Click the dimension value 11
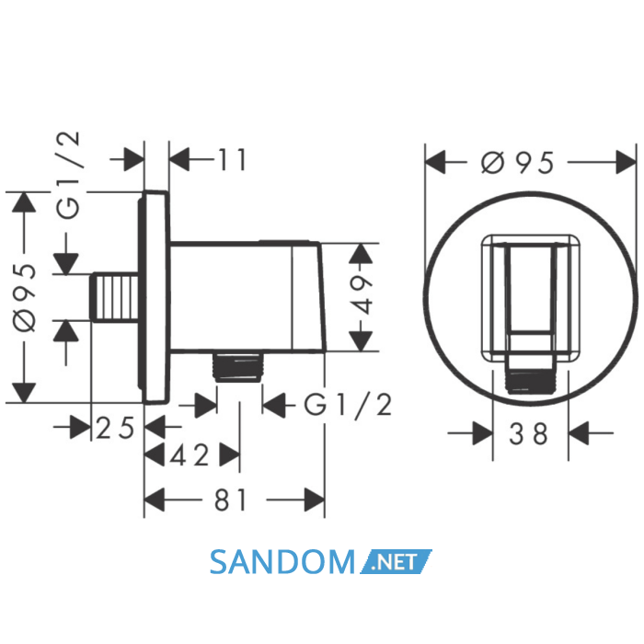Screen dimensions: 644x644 tap(232, 159)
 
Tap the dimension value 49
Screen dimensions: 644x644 tap(361, 294)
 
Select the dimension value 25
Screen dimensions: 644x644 tap(115, 428)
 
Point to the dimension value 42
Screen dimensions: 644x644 tap(190, 455)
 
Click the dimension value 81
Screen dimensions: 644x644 tap(230, 500)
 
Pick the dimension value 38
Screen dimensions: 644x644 tap(529, 433)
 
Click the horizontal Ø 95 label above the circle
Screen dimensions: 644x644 tap(517, 163)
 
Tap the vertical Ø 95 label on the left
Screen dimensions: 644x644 tap(25, 297)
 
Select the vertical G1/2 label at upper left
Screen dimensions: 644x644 tap(67, 176)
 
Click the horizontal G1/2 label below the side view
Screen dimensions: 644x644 tap(348, 406)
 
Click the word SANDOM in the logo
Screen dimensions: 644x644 tap(282, 562)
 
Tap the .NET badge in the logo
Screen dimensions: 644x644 tap(396, 561)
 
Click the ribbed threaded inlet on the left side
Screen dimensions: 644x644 tap(114, 297)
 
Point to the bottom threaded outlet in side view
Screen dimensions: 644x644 tap(238, 367)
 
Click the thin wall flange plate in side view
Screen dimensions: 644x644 tap(155, 297)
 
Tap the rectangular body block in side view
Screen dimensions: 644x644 tap(247, 296)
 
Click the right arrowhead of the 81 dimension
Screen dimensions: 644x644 tap(315, 500)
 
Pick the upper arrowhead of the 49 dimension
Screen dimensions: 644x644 tap(361, 253)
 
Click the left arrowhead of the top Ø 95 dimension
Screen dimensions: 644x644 tap(435, 162)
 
